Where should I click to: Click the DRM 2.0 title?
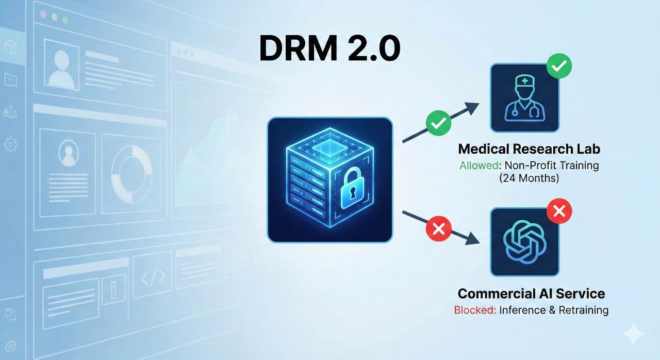[329, 50]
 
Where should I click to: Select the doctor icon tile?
[524, 97]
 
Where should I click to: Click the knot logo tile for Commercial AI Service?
[524, 242]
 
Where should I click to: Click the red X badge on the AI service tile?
[558, 211]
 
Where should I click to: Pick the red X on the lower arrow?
[439, 228]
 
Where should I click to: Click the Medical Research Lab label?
[529, 150]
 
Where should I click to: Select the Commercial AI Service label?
[531, 294]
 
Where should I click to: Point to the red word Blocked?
[474, 310]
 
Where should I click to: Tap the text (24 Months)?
[529, 179]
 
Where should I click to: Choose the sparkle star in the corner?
[633, 334]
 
